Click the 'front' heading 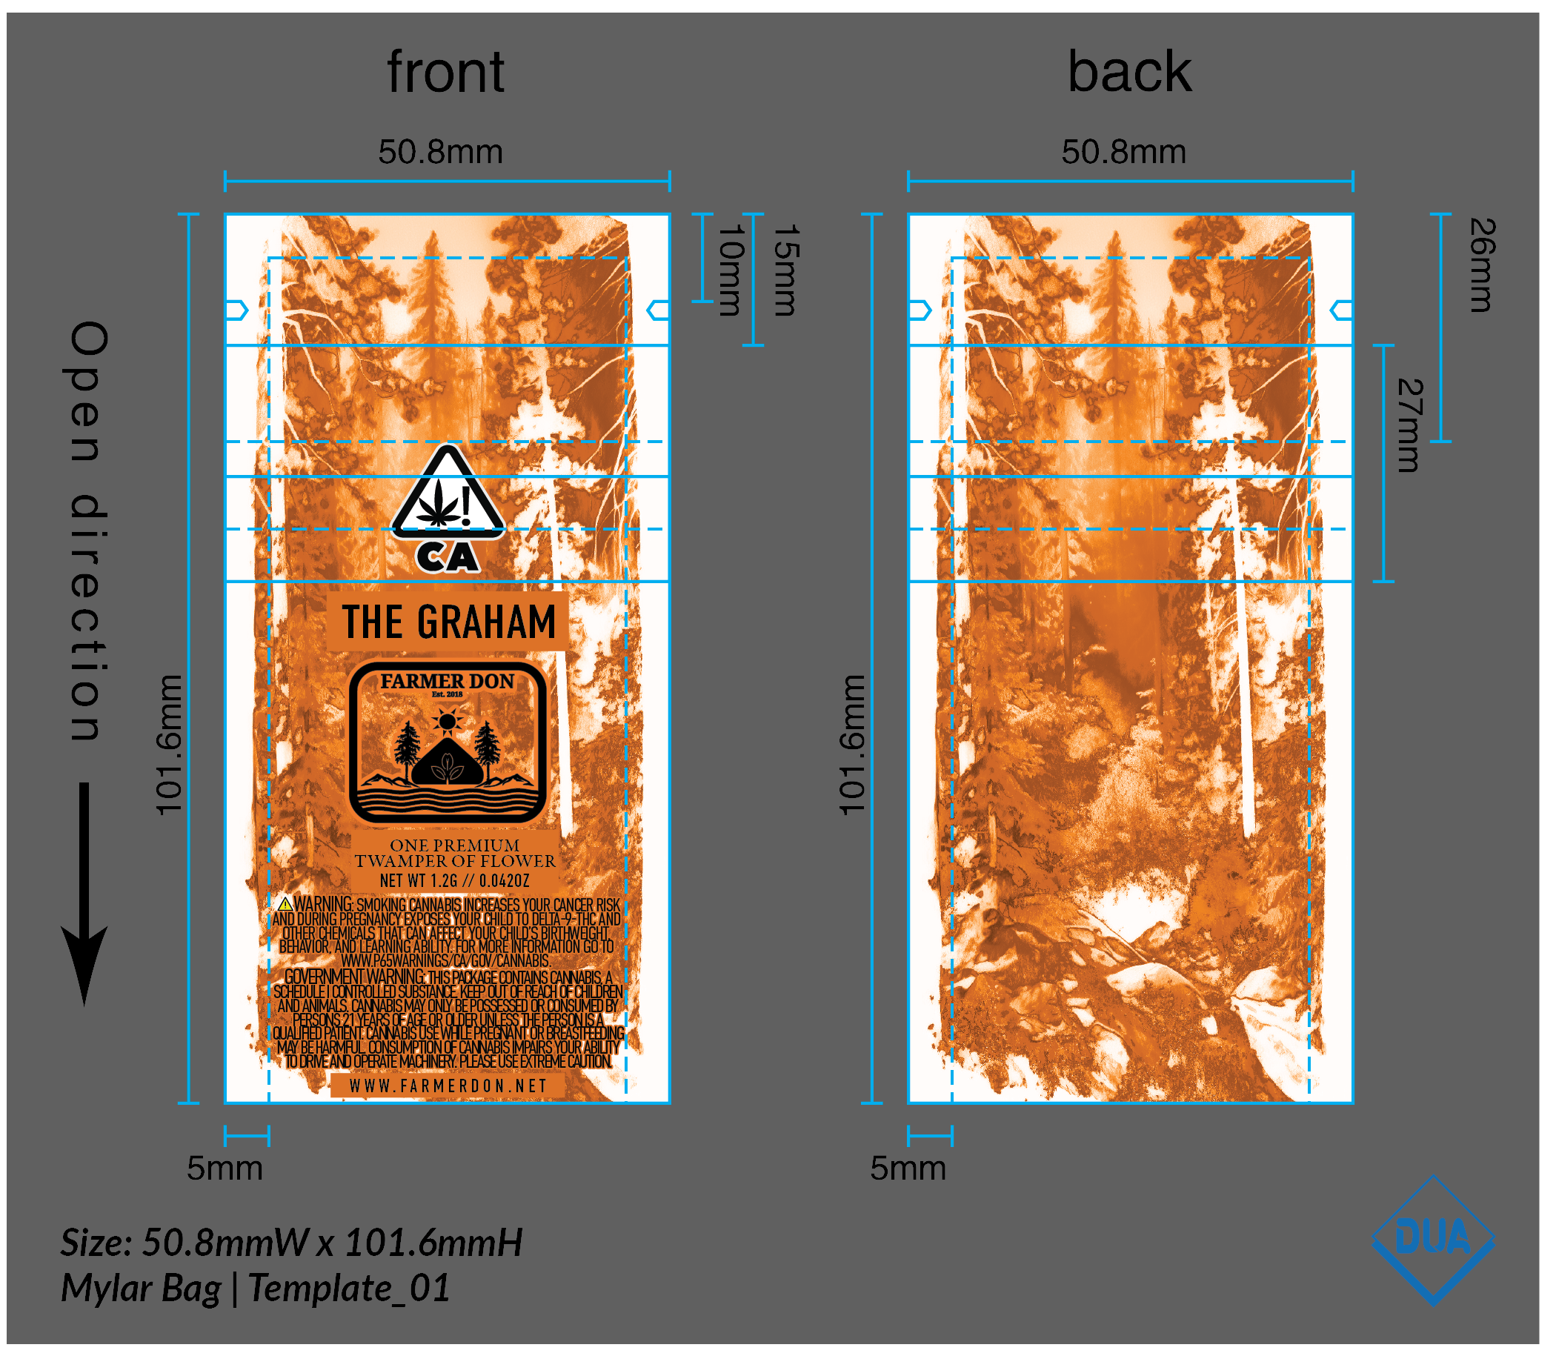pyautogui.click(x=445, y=73)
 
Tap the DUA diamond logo pyautogui.click(x=1433, y=1240)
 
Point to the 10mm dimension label pyautogui.click(x=731, y=270)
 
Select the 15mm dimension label pyautogui.click(x=785, y=270)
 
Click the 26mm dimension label pyautogui.click(x=1482, y=265)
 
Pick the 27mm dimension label pyautogui.click(x=1409, y=425)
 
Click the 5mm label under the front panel pyautogui.click(x=225, y=1169)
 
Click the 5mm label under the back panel pyautogui.click(x=908, y=1169)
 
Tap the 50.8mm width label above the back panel pyautogui.click(x=1123, y=152)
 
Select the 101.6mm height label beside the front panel pyautogui.click(x=169, y=745)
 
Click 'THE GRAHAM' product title pyautogui.click(x=448, y=622)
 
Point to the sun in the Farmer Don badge pyautogui.click(x=448, y=721)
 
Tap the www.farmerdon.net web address pyautogui.click(x=448, y=1086)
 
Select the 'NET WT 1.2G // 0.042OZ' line pyautogui.click(x=454, y=881)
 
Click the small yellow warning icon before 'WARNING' pyautogui.click(x=285, y=904)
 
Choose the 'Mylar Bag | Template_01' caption pyautogui.click(x=255, y=1288)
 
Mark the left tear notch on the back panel pyautogui.click(x=920, y=310)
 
